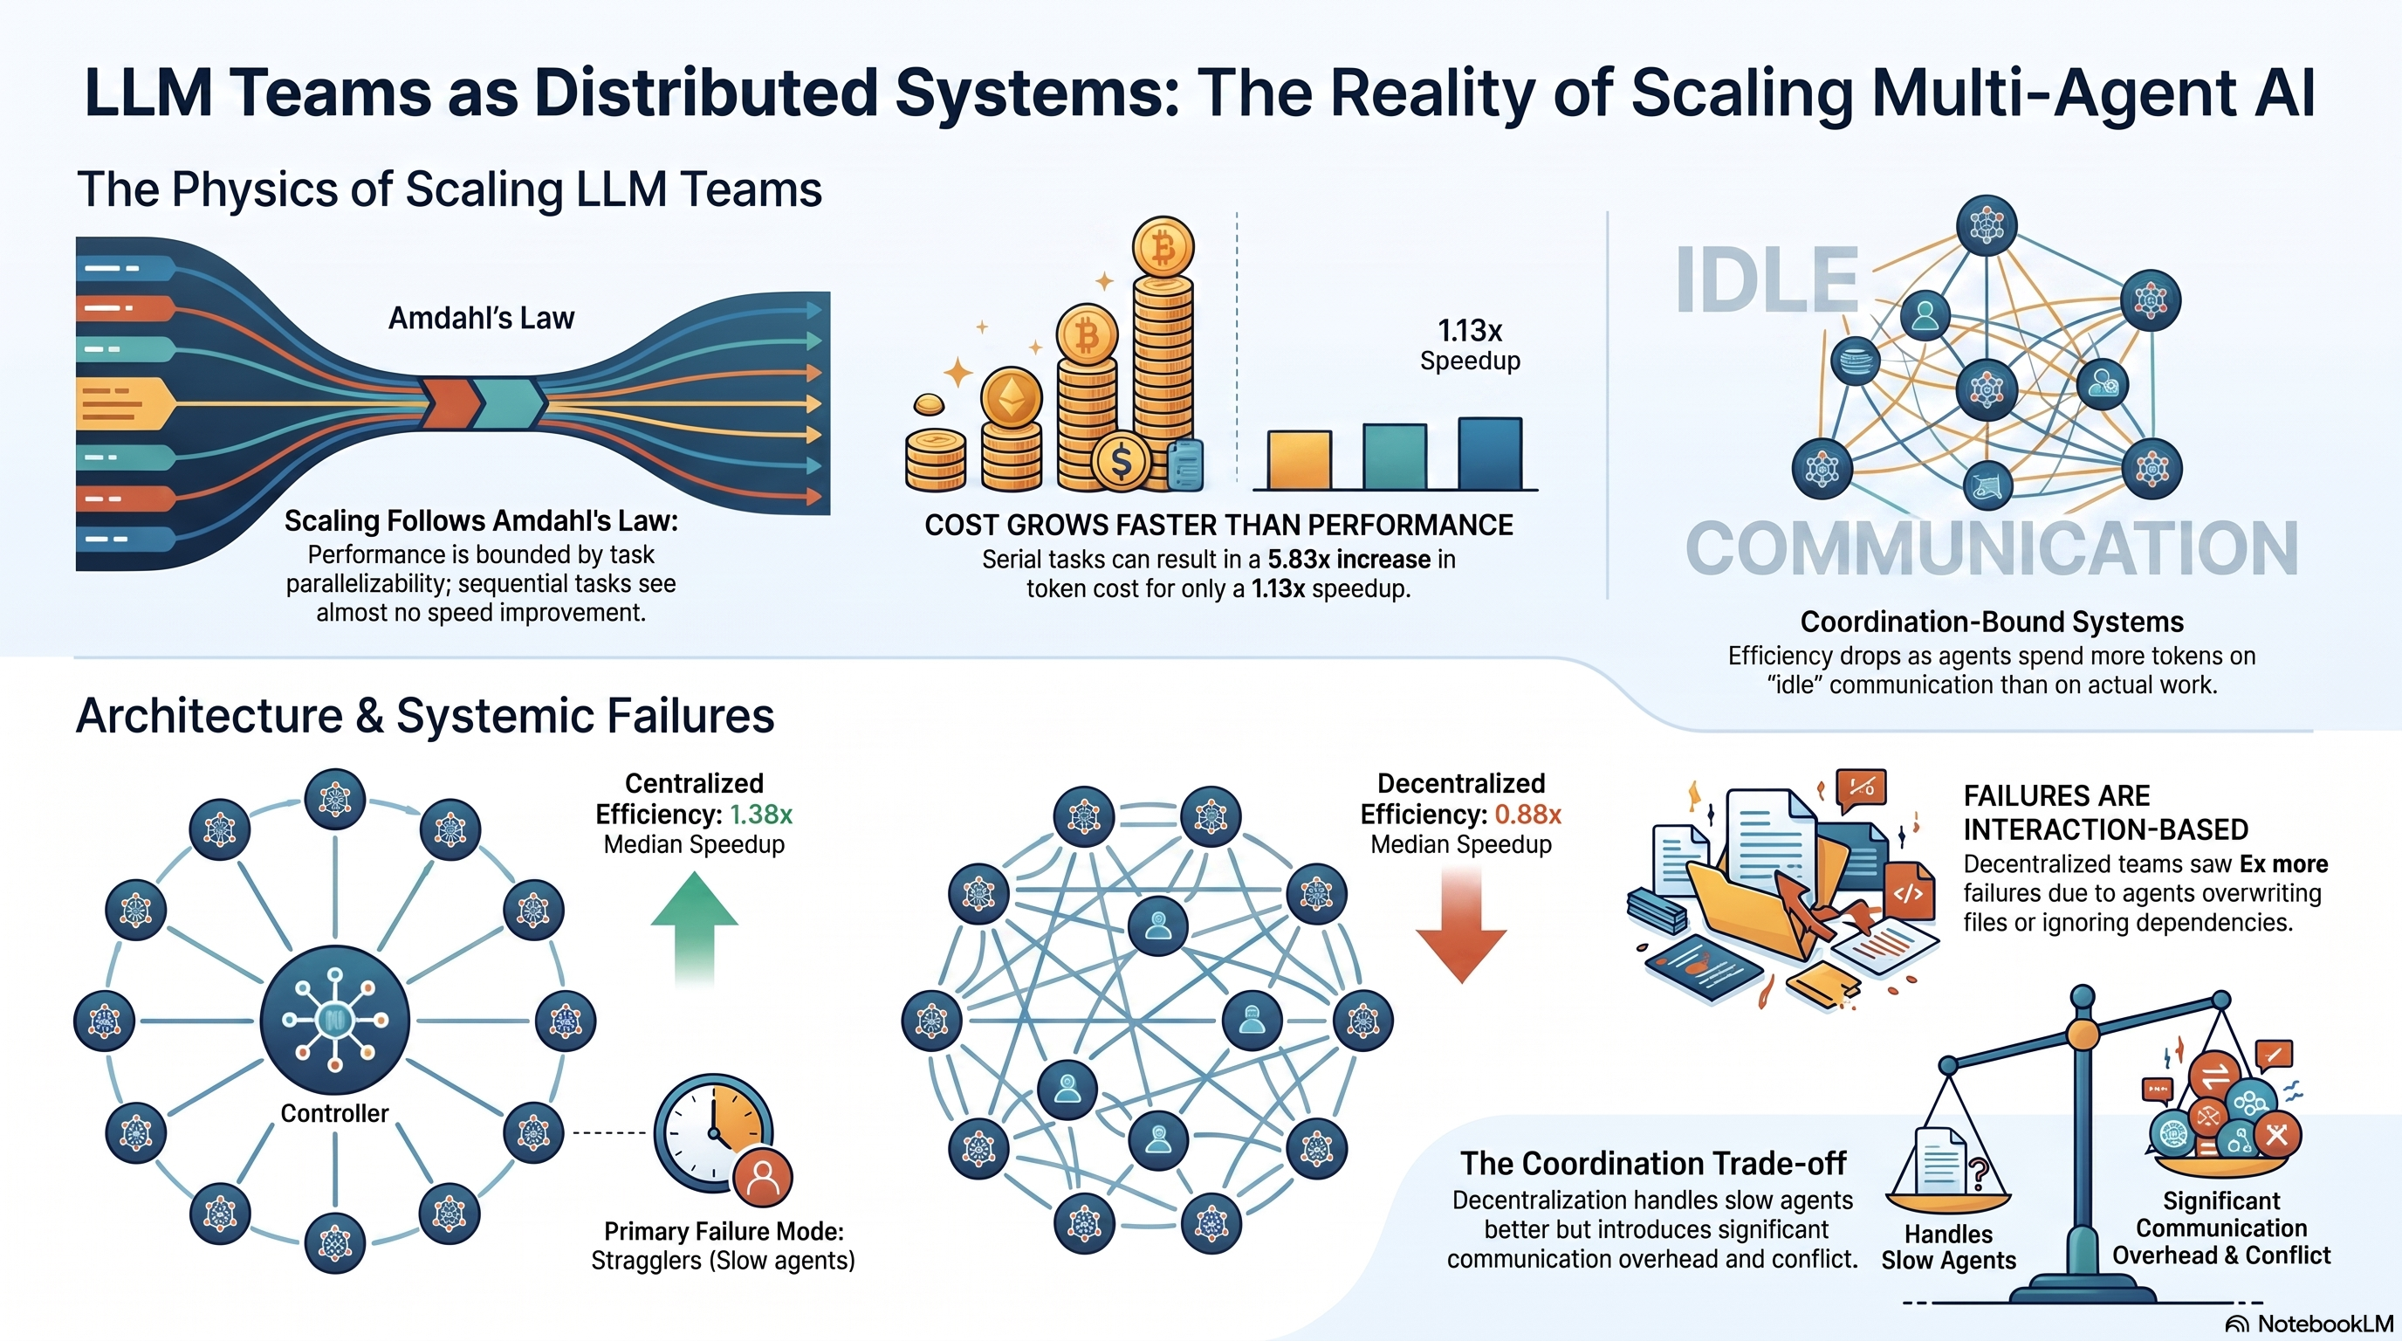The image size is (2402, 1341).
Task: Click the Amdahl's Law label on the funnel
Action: click(x=481, y=318)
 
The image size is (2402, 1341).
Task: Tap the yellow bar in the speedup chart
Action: click(x=1299, y=459)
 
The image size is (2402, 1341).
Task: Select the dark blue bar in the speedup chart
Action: click(x=1490, y=453)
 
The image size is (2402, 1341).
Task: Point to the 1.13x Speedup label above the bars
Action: click(x=1470, y=344)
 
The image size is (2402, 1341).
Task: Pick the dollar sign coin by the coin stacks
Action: click(x=1122, y=461)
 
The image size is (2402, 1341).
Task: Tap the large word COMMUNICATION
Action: click(x=1992, y=548)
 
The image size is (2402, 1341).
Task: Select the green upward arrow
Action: click(x=694, y=927)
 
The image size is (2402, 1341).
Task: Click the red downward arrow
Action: click(x=1461, y=923)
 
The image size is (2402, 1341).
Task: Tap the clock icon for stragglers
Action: click(x=714, y=1133)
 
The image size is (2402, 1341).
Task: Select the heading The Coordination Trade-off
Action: click(x=1652, y=1163)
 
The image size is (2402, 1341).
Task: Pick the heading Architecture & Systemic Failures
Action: click(x=425, y=716)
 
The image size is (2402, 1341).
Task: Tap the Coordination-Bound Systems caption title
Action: click(x=1992, y=622)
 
